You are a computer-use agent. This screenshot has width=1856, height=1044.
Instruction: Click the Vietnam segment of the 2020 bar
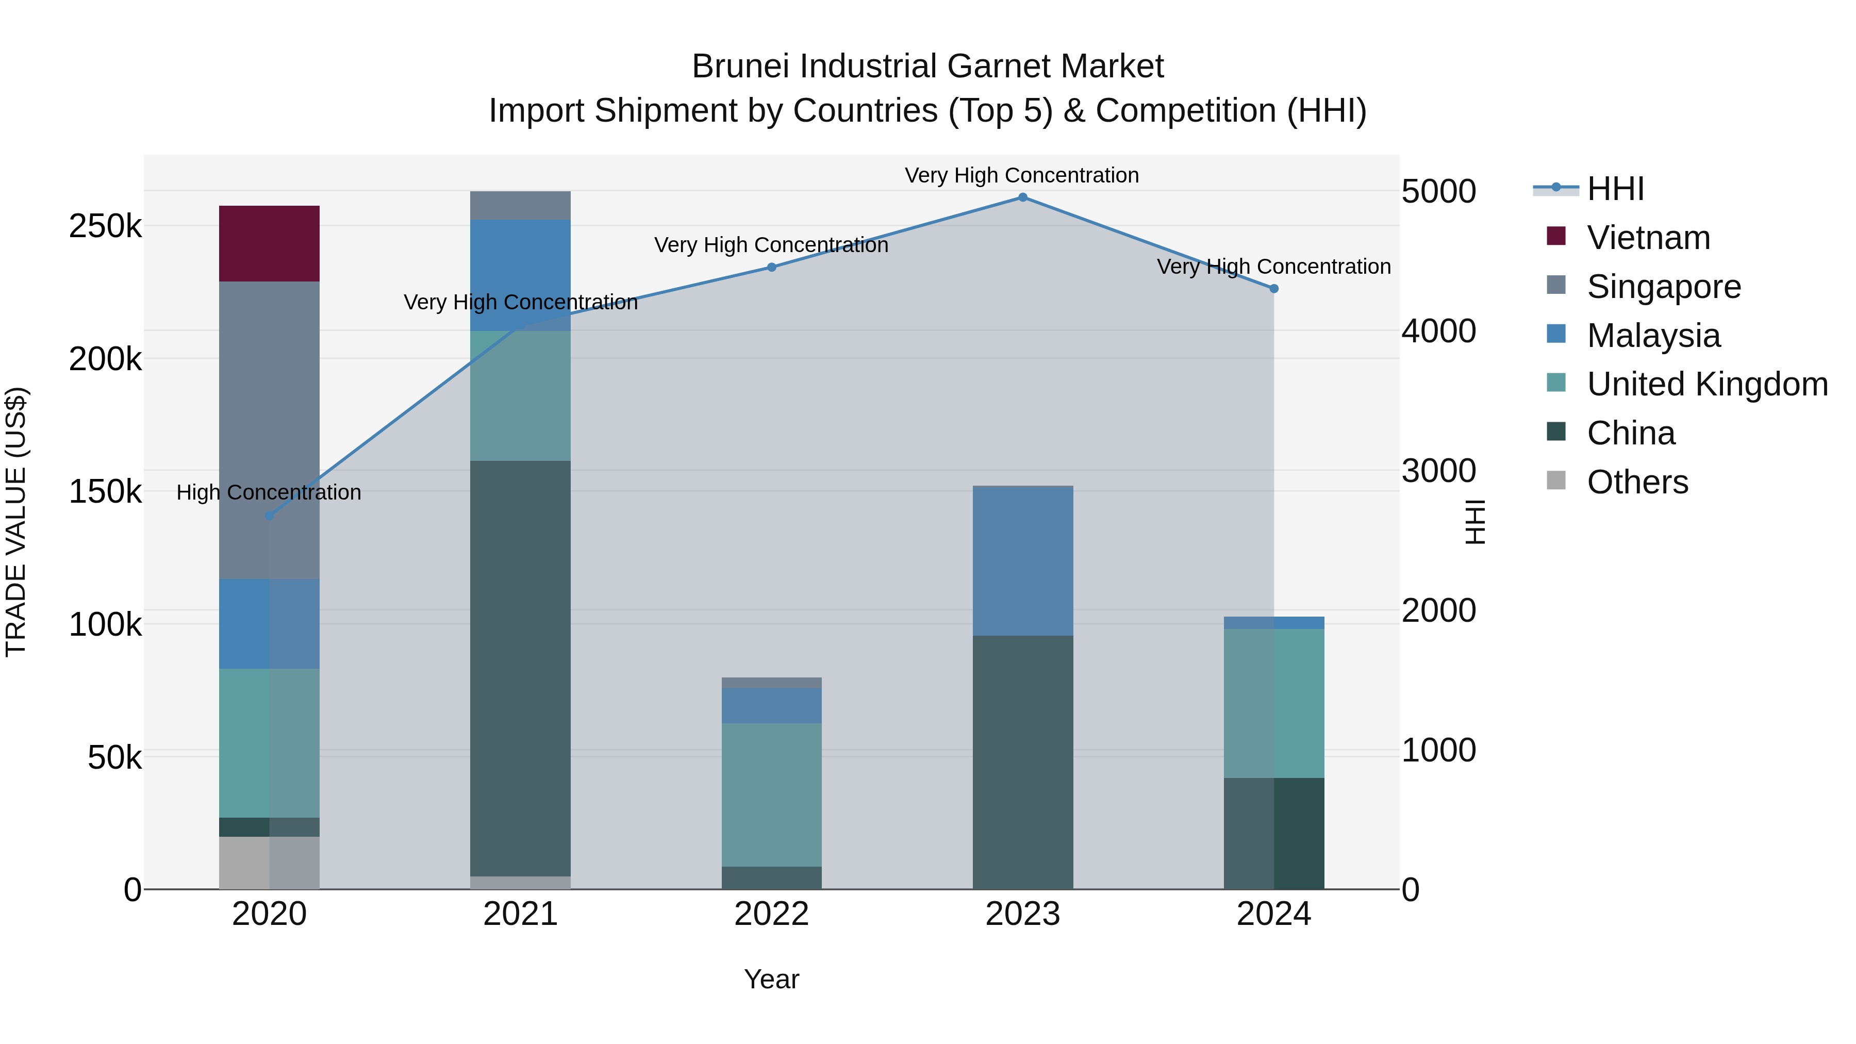[269, 243]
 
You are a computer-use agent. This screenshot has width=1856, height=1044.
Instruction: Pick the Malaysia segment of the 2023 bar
[1022, 562]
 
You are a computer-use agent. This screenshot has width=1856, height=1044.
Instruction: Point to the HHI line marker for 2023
[1022, 197]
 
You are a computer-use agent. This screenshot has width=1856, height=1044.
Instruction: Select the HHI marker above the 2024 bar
[1273, 289]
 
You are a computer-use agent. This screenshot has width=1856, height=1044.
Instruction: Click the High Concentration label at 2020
[269, 493]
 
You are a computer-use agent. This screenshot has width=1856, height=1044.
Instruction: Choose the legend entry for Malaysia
[1653, 336]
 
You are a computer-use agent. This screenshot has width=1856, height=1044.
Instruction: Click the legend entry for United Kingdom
[1706, 384]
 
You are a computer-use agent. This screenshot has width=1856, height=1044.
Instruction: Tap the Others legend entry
[1637, 482]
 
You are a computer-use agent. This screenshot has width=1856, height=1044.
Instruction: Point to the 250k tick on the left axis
[105, 227]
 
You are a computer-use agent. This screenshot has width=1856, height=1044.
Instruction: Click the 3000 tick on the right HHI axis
[1438, 471]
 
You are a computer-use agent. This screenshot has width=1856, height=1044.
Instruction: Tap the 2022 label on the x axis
[771, 914]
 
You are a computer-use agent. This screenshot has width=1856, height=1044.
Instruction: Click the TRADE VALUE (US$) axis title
[16, 522]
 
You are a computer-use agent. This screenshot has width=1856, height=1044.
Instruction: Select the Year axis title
[771, 979]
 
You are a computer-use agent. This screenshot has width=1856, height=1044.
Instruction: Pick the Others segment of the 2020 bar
[269, 863]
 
